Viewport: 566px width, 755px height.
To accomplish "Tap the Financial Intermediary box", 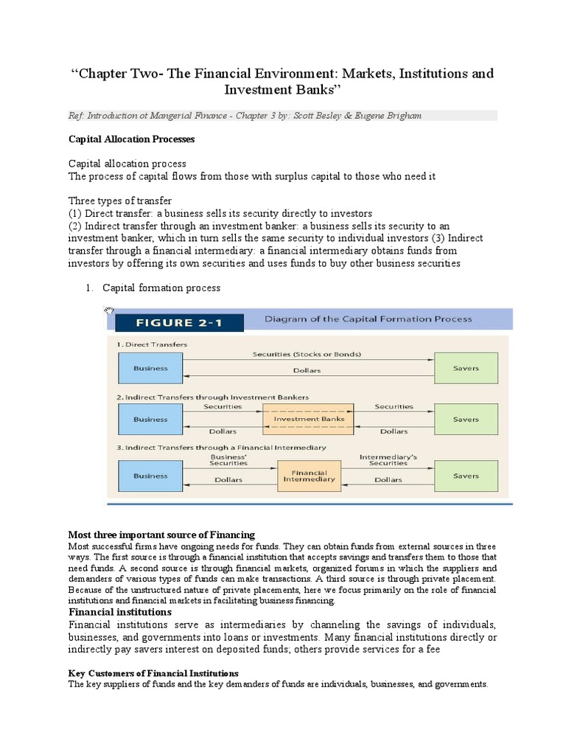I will click(x=309, y=476).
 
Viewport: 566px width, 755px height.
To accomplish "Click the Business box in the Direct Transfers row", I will click(x=150, y=368).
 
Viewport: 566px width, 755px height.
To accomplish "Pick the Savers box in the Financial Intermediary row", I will click(x=466, y=476).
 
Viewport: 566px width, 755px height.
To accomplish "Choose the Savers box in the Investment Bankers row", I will click(x=466, y=420).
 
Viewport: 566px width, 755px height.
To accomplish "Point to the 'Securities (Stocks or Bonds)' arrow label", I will click(x=307, y=354).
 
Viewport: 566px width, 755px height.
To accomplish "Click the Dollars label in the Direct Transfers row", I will click(x=307, y=371).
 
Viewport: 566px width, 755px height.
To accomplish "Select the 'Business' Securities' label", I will click(x=228, y=460).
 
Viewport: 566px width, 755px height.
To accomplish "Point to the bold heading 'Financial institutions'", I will click(x=120, y=612).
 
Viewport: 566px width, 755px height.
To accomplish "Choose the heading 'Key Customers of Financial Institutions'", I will click(x=153, y=673).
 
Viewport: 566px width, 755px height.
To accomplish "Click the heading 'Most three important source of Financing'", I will click(x=161, y=535).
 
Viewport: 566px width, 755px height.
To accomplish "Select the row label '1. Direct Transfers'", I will click(x=152, y=344).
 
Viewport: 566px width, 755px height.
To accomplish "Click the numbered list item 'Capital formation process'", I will click(x=161, y=288).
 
